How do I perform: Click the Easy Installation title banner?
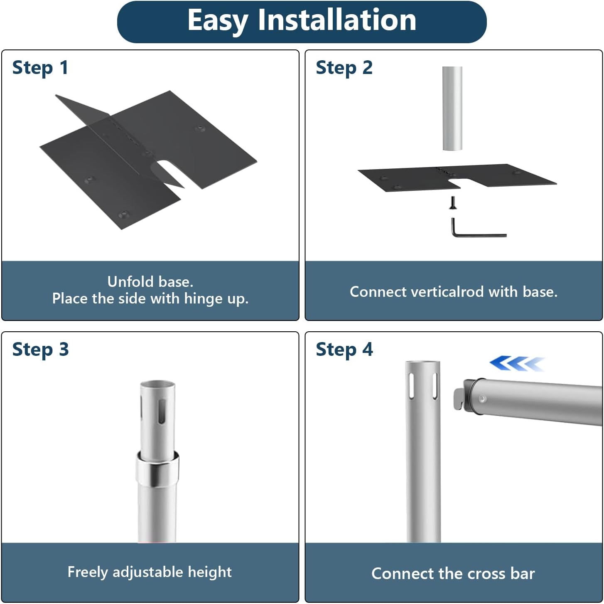[302, 22]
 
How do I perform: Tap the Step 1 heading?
[40, 68]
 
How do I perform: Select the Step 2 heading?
[344, 68]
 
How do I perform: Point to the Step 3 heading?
[40, 350]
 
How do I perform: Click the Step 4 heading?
[344, 350]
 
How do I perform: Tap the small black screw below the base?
[453, 203]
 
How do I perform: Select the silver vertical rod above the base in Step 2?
[452, 108]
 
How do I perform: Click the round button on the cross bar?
[482, 399]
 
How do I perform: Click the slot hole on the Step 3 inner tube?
[162, 411]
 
